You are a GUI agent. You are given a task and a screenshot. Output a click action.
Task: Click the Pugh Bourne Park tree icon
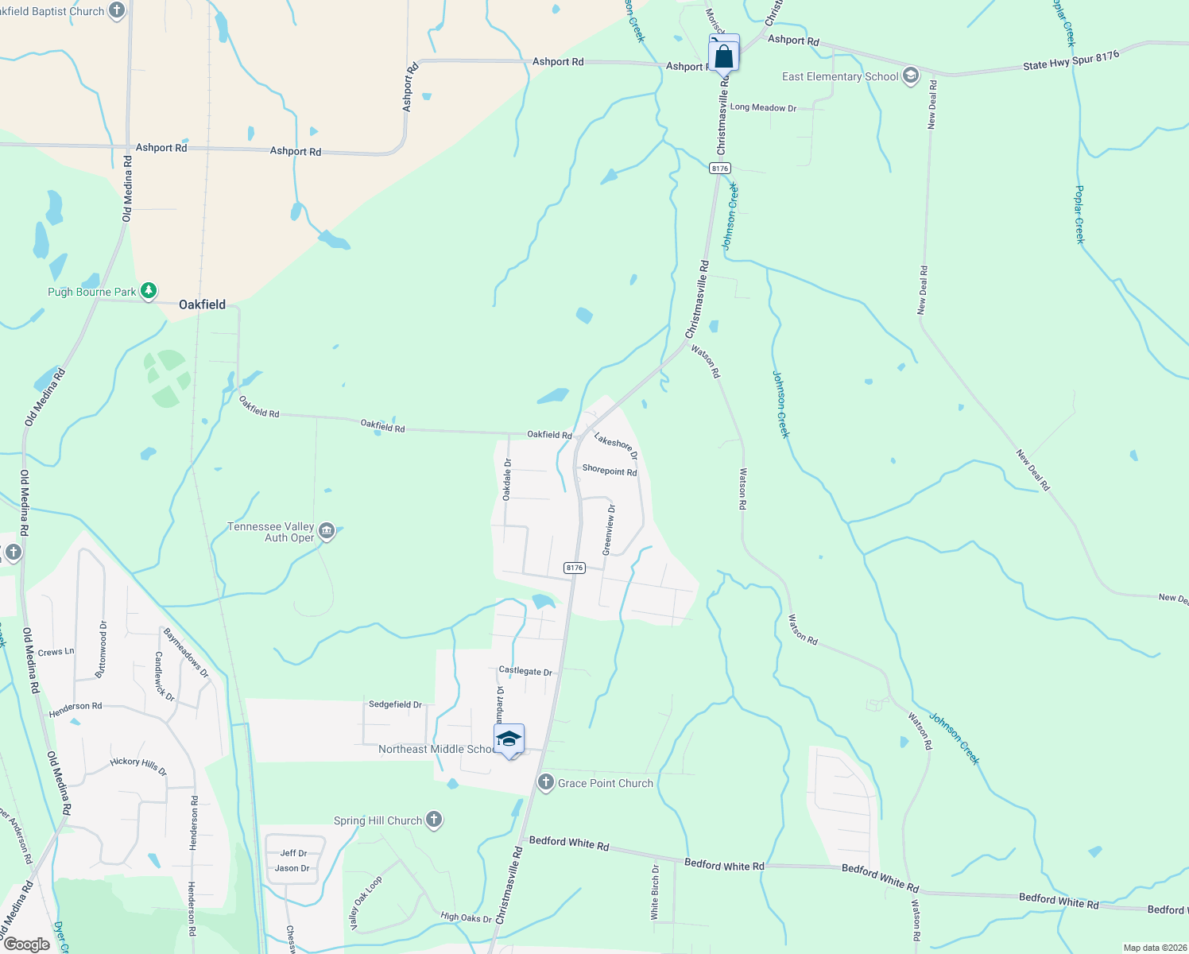coord(149,291)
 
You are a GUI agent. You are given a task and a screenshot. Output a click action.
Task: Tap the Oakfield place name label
coord(202,304)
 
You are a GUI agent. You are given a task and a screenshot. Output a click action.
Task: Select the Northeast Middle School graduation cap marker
coord(509,740)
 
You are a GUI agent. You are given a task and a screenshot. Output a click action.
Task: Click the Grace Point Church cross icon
coord(545,782)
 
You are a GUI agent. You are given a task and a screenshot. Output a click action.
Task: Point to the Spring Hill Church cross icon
coord(433,820)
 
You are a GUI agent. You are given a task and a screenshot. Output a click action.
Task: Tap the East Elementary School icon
coord(911,76)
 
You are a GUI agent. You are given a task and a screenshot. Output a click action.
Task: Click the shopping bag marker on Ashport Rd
coord(723,56)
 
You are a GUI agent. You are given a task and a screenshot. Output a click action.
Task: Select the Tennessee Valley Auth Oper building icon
coord(327,531)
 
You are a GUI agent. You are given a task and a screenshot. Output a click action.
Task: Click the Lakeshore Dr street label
coord(616,446)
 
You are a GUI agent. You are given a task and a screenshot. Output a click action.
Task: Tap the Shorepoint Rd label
coord(609,470)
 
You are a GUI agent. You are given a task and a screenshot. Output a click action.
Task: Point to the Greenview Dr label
coord(608,529)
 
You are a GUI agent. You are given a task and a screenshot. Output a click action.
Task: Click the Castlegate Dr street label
coord(525,671)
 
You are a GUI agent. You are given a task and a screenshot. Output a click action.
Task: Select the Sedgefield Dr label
coord(395,704)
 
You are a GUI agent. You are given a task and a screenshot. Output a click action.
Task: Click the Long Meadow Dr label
coord(763,107)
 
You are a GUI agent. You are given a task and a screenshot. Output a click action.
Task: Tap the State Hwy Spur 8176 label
coord(1071,60)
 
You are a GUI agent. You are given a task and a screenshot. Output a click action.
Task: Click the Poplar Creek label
coord(1079,214)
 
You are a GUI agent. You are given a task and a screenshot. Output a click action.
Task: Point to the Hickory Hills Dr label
coord(138,766)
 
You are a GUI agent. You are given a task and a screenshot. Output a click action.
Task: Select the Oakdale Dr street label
coord(507,479)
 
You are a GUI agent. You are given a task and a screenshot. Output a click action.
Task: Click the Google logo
coord(27,944)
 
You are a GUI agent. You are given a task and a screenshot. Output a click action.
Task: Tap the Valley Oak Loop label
coord(366,902)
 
